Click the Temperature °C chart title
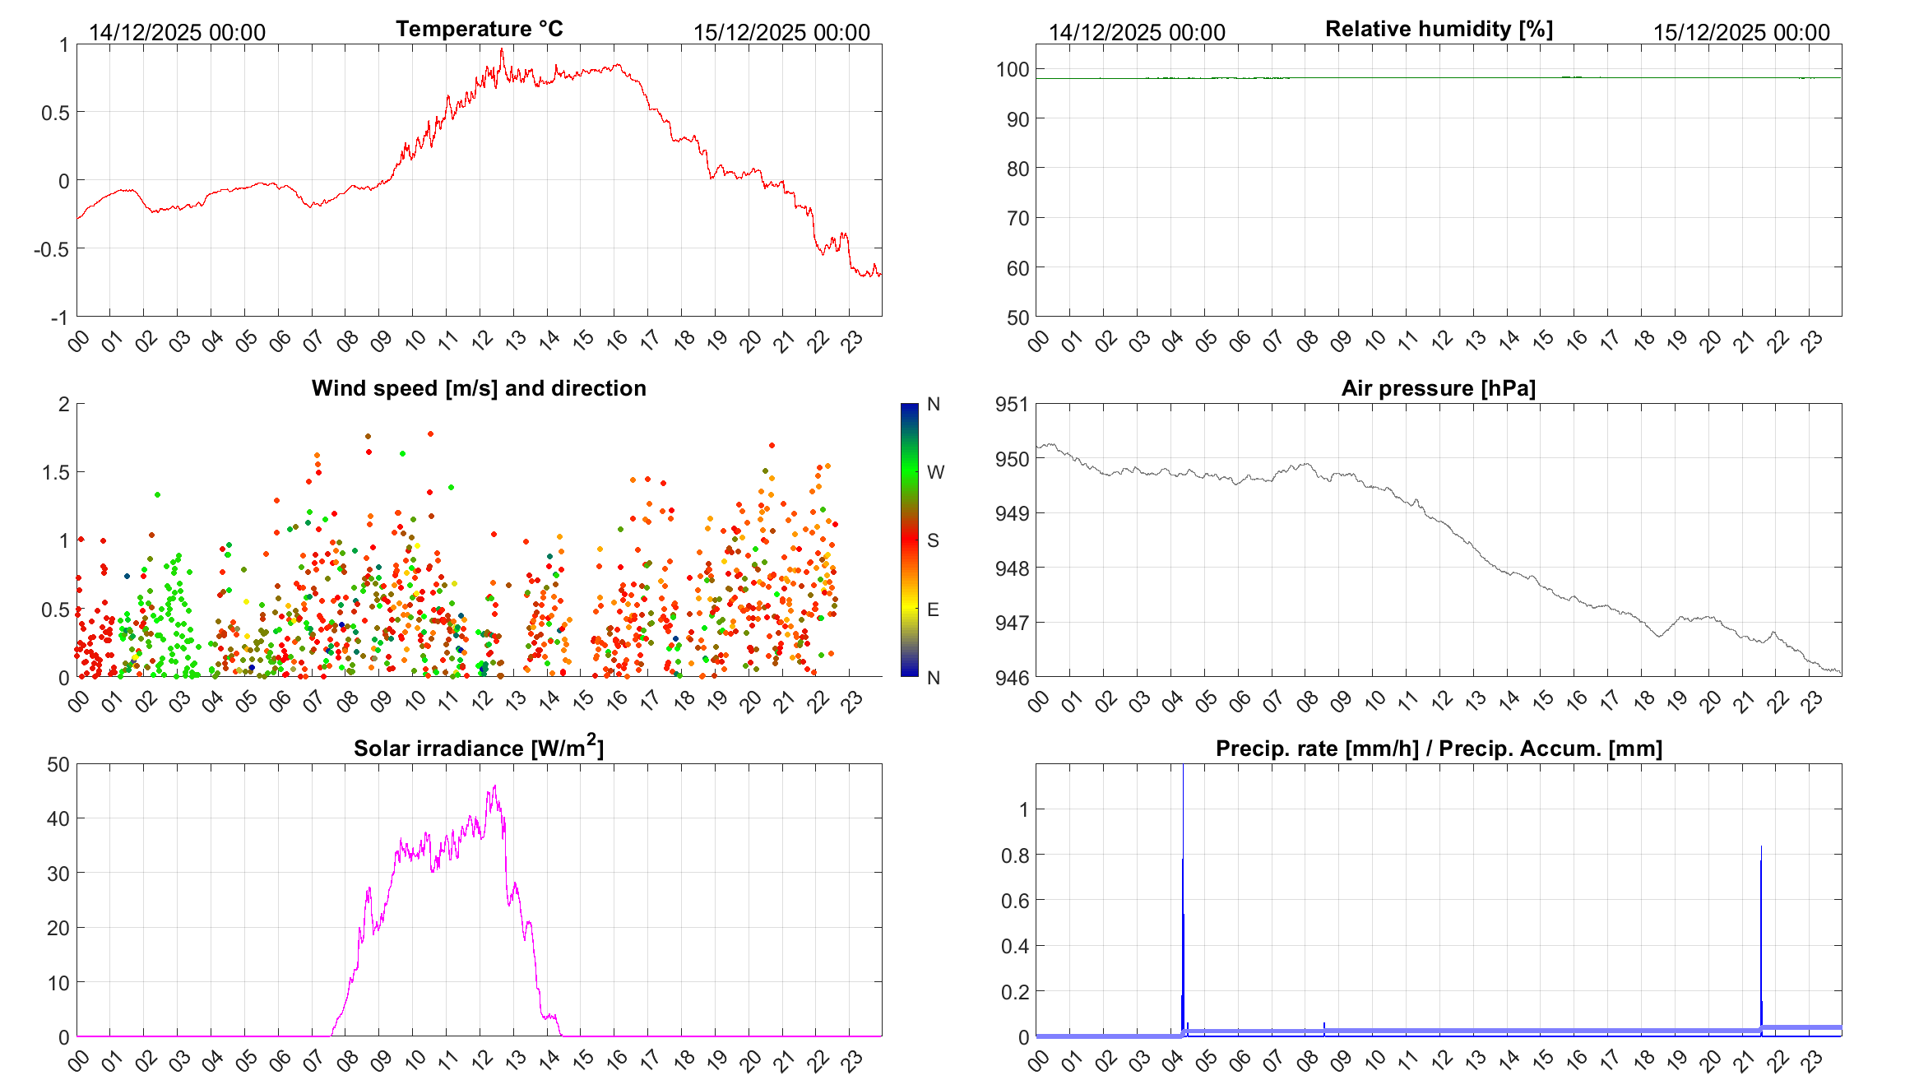pyautogui.click(x=480, y=29)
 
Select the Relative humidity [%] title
pyautogui.click(x=1439, y=29)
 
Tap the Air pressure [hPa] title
pyautogui.click(x=1438, y=388)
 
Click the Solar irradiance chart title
pyautogui.click(x=479, y=748)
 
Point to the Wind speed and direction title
pyautogui.click(x=479, y=388)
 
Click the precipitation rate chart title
pyautogui.click(x=1439, y=749)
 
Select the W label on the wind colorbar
pyautogui.click(x=935, y=472)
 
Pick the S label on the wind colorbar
pyautogui.click(x=933, y=540)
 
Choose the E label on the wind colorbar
pyautogui.click(x=933, y=610)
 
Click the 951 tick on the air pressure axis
pyautogui.click(x=1012, y=404)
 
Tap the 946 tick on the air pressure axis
pyautogui.click(x=1012, y=677)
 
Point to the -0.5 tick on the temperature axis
pyautogui.click(x=51, y=248)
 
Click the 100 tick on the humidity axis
pyautogui.click(x=1012, y=70)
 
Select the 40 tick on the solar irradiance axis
pyautogui.click(x=58, y=818)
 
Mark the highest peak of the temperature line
pyautogui.click(x=502, y=49)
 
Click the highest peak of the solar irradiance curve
pyautogui.click(x=494, y=786)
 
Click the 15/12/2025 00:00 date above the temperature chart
pyautogui.click(x=781, y=32)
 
